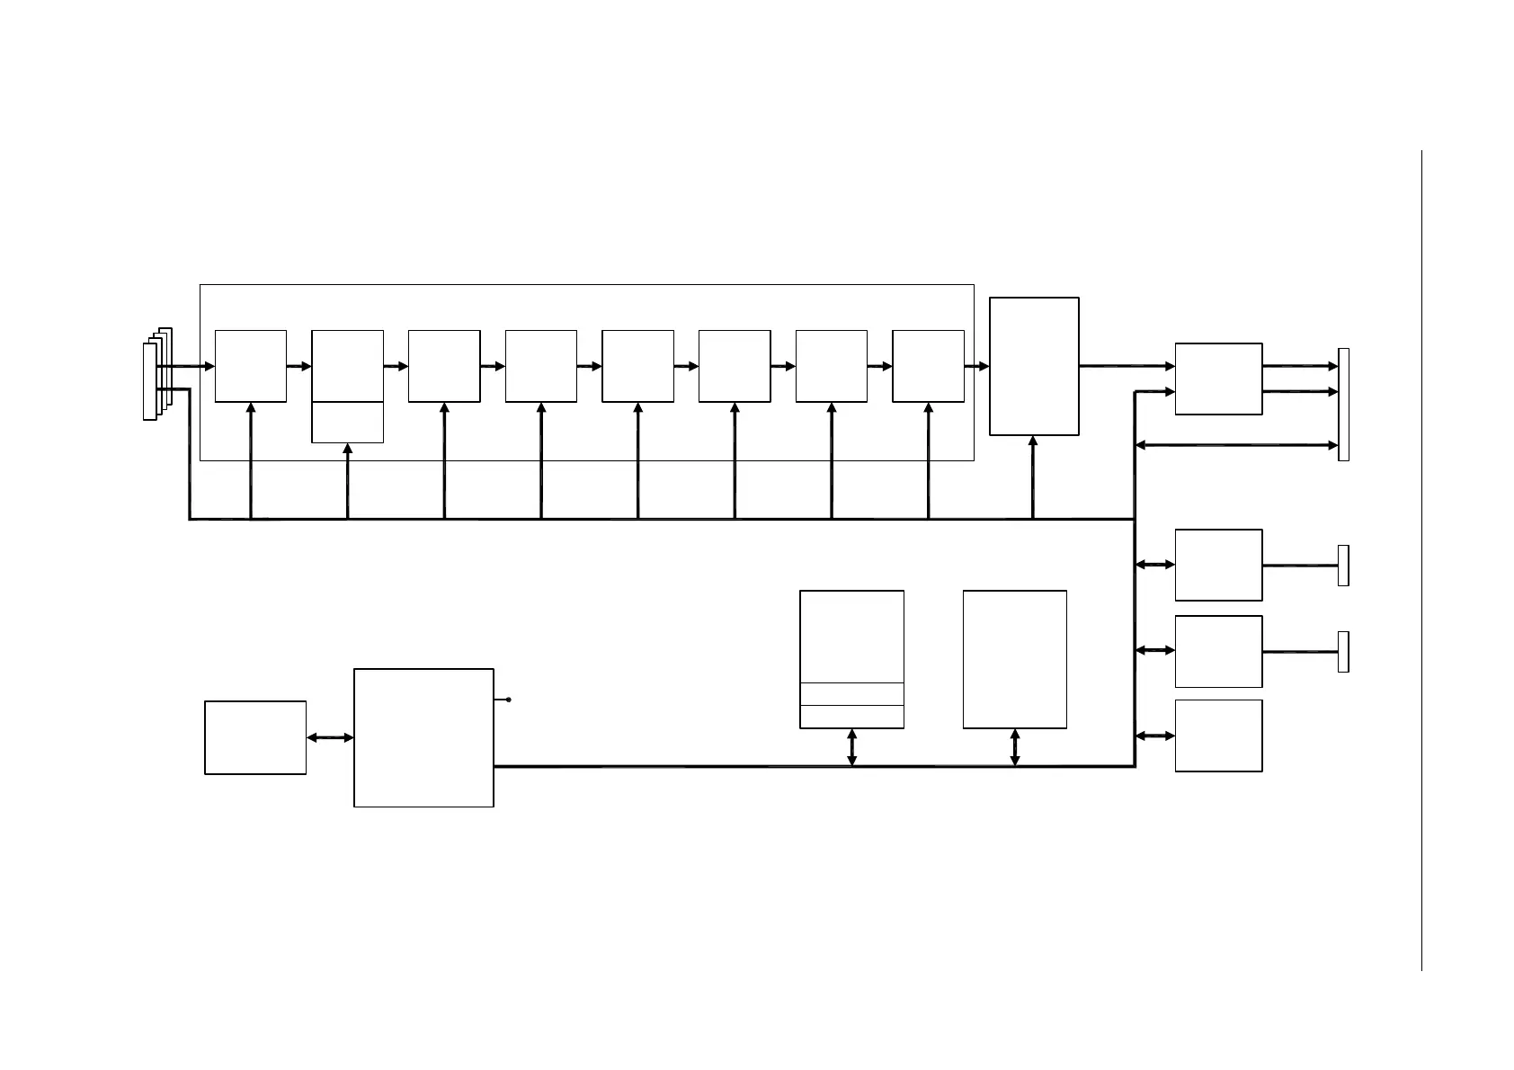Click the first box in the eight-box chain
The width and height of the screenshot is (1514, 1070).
(251, 365)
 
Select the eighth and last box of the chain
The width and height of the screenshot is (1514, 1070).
(928, 365)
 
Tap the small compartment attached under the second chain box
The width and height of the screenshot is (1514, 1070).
(347, 422)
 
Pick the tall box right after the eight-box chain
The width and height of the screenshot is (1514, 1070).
(1034, 366)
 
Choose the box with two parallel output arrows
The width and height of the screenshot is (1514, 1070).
(1218, 379)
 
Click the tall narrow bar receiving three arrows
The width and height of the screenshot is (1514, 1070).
(1343, 405)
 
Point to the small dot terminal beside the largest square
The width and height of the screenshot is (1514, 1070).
(509, 699)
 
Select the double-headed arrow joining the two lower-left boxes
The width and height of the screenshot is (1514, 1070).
(330, 737)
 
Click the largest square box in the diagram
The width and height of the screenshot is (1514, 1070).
(423, 737)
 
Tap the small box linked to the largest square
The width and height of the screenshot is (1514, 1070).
(255, 737)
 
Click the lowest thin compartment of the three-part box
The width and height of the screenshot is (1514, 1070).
(851, 717)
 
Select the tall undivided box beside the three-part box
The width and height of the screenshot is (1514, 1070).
(1014, 659)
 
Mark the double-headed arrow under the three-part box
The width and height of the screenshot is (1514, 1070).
(852, 747)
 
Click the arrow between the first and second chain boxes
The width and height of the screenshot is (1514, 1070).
(299, 366)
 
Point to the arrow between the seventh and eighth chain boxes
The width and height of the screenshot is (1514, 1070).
(879, 366)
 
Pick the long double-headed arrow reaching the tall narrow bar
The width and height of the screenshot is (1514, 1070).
(1237, 445)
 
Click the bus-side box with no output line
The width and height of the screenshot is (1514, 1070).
(1218, 736)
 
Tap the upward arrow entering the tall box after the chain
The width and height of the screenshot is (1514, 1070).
(1033, 477)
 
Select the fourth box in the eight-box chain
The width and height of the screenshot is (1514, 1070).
(541, 365)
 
